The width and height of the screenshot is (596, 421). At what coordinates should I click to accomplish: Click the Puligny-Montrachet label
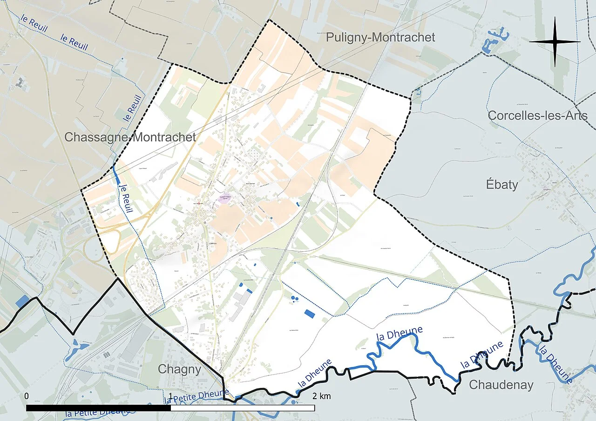[x=380, y=37]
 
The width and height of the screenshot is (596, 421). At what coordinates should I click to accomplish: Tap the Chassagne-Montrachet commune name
[x=130, y=137]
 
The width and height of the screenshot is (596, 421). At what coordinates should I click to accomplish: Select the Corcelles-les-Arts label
[x=537, y=115]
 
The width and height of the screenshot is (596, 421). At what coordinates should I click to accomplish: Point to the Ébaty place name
[x=501, y=184]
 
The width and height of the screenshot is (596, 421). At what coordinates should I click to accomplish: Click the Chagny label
[x=179, y=369]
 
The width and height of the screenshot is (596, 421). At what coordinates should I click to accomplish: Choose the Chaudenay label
[x=501, y=385]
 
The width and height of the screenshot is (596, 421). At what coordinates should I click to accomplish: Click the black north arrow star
[x=555, y=41]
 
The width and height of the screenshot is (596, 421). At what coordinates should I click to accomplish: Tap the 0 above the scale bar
[x=27, y=396]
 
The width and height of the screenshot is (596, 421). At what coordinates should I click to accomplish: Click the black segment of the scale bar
[x=98, y=408]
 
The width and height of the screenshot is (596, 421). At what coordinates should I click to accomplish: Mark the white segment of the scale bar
[x=242, y=408]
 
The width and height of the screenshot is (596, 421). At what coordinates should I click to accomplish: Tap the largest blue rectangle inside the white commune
[x=309, y=314]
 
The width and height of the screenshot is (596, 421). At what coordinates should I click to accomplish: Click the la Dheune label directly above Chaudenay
[x=482, y=355]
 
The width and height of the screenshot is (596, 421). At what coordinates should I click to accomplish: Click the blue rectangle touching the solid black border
[x=22, y=301]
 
